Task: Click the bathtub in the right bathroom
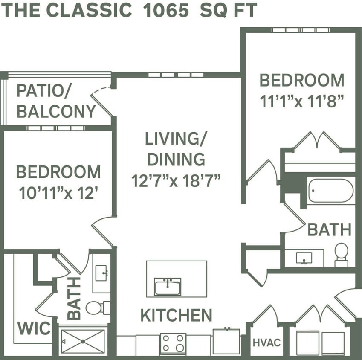[330, 191]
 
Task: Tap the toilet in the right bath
[341, 254]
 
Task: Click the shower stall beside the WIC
[83, 341]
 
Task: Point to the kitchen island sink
[168, 286]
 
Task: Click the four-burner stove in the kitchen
[173, 343]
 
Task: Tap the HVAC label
[266, 343]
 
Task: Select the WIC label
[34, 329]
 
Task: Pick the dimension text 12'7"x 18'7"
[176, 181]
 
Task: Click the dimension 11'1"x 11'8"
[302, 101]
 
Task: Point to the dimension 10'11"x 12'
[59, 193]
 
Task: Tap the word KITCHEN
[176, 316]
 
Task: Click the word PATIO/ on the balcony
[44, 91]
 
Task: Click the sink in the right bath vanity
[304, 258]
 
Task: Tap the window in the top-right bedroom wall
[301, 30]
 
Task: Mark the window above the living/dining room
[176, 75]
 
